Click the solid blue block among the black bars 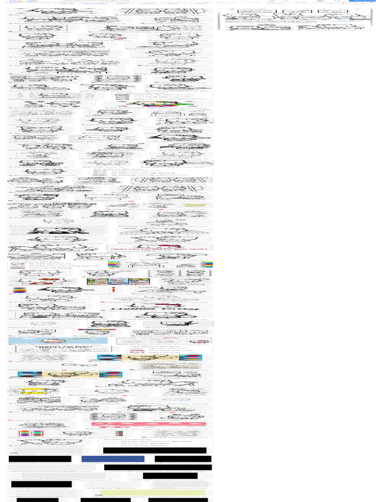pos(112,459)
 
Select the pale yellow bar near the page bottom pos(178,492)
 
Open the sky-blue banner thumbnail pos(44,341)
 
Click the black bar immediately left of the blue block pos(40,459)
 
